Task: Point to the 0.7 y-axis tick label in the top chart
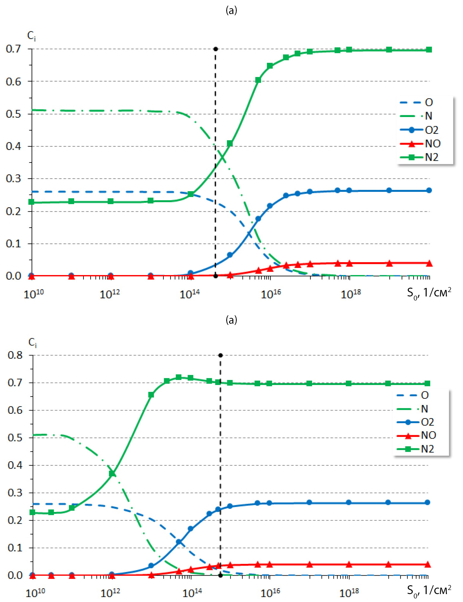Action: tap(13, 49)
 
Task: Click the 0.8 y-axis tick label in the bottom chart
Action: tap(15, 355)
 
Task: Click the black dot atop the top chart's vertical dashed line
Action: tap(215, 49)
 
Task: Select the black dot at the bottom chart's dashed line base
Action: tap(221, 576)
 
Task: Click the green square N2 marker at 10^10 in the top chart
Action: tap(32, 202)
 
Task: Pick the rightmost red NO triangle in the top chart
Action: tap(429, 263)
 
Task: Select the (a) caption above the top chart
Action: tap(231, 10)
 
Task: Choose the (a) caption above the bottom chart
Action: tap(231, 320)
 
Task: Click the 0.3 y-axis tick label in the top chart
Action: tap(13, 178)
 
